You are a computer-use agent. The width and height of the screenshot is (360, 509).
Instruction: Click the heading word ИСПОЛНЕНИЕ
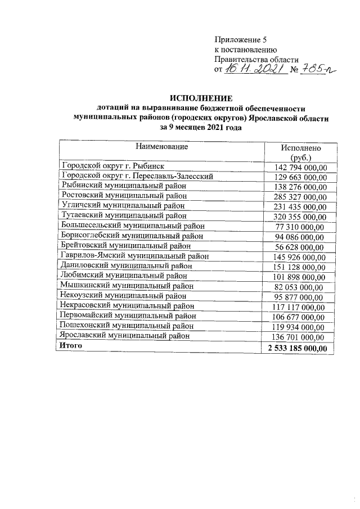coord(200,98)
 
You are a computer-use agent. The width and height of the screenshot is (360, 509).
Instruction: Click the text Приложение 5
coord(239,39)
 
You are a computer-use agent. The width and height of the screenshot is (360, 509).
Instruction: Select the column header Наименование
coord(161,147)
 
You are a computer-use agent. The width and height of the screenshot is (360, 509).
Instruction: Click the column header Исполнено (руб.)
coord(300,152)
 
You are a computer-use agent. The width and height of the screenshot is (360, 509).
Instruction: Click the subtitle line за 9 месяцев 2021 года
coord(201,128)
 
